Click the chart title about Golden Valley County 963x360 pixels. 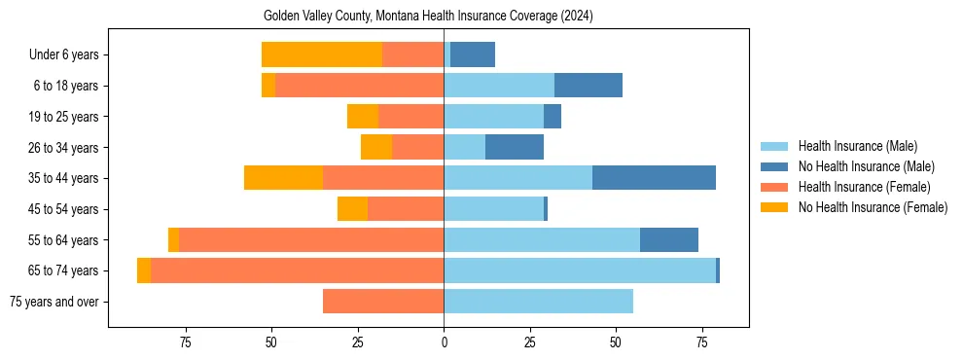428,16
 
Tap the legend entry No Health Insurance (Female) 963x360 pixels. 873,207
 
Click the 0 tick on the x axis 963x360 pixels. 444,342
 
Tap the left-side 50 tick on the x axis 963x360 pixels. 271,342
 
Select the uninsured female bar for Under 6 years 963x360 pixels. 321,55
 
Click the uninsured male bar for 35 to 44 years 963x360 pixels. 654,178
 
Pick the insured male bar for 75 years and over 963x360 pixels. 538,302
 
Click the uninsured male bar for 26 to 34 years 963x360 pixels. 514,148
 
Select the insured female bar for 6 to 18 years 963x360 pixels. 359,86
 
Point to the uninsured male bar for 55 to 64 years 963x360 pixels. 668,239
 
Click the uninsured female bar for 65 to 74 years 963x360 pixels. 144,270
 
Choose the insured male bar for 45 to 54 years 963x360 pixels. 493,209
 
